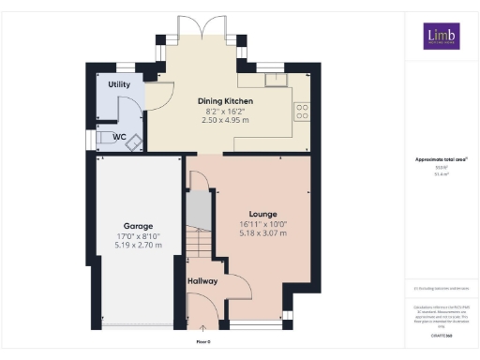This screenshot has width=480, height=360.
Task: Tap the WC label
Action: click(119, 136)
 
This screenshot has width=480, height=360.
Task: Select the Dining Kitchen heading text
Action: click(224, 100)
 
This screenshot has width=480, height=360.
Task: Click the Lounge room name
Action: click(251, 213)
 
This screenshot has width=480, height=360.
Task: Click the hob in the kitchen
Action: click(302, 112)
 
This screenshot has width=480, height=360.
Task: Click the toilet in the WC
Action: click(105, 140)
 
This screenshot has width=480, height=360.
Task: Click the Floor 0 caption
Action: click(204, 341)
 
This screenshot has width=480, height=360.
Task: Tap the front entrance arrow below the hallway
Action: click(204, 329)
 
